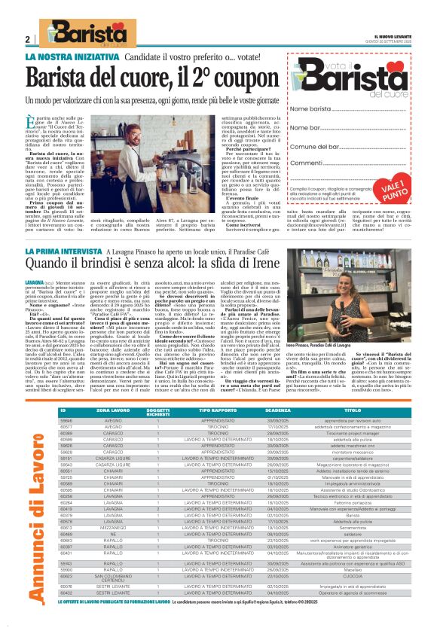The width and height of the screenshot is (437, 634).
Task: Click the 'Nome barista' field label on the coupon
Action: [310, 110]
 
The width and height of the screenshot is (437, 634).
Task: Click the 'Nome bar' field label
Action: [305, 128]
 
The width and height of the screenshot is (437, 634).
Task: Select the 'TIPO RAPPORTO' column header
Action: [216, 412]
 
